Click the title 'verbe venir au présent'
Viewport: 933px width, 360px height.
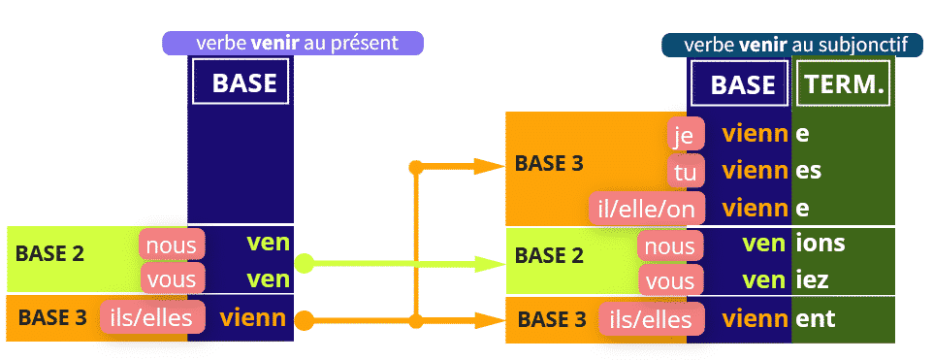tap(293, 44)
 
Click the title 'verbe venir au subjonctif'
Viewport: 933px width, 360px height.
tap(794, 46)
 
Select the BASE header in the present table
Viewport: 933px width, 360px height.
tap(241, 82)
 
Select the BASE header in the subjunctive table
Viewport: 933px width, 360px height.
tap(740, 84)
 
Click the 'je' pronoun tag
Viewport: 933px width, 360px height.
tap(686, 134)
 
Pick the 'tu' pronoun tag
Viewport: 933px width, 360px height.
tap(686, 172)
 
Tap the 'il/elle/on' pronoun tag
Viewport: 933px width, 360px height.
tap(647, 209)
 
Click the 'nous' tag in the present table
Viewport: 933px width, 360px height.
tap(172, 245)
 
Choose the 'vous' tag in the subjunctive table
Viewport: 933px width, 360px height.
tap(670, 280)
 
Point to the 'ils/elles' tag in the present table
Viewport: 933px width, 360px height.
tap(153, 317)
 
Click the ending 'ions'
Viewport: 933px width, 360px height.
tap(820, 243)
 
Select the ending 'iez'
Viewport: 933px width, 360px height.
tap(812, 279)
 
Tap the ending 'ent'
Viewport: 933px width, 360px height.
tap(816, 319)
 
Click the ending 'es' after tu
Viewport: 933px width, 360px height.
tap(808, 172)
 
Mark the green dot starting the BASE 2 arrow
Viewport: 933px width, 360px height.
tap(305, 263)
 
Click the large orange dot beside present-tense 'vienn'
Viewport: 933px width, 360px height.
tap(305, 321)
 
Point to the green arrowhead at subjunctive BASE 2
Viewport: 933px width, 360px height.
tap(489, 263)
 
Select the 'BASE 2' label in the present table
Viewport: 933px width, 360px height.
tap(49, 253)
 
